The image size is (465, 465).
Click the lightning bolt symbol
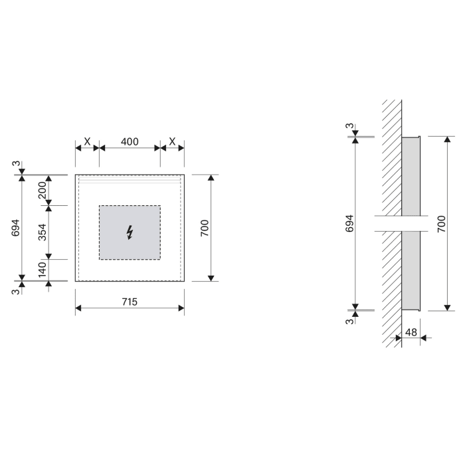click(x=130, y=232)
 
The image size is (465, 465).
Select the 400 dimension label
click(x=130, y=141)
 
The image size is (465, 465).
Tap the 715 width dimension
click(x=130, y=301)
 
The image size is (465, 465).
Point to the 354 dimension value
click(x=42, y=232)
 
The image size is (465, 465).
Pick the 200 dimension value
click(x=42, y=190)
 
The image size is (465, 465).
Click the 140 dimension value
click(x=42, y=270)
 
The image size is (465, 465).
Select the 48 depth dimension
click(x=411, y=331)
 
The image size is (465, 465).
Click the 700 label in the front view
click(x=205, y=229)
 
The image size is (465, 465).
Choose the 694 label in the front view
click(x=15, y=228)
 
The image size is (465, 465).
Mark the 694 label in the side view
click(x=349, y=223)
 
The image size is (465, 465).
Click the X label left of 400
click(x=87, y=141)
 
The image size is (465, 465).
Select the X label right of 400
click(x=172, y=141)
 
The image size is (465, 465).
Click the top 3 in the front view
click(x=15, y=164)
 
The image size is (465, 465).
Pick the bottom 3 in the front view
click(x=15, y=291)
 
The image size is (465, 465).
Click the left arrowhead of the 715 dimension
click(x=79, y=308)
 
